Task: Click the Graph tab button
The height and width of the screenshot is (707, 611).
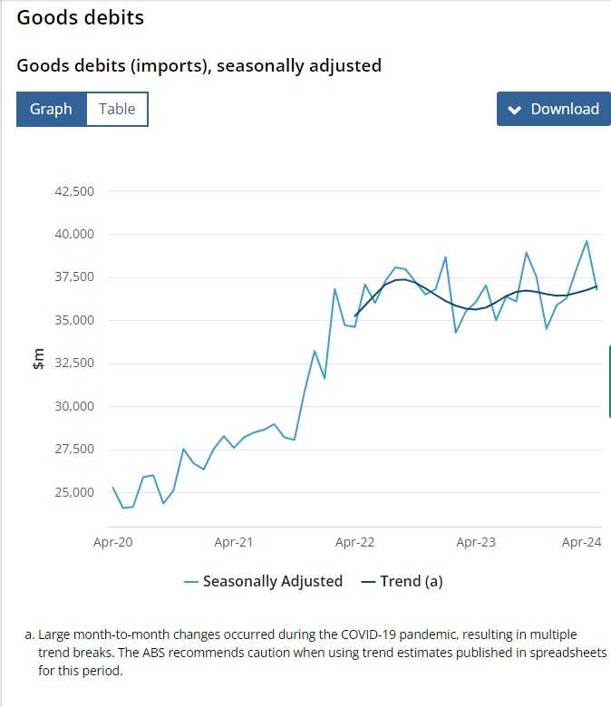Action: point(51,109)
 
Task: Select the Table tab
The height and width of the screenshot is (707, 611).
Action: point(117,109)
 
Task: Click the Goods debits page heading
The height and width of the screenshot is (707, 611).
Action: point(80,17)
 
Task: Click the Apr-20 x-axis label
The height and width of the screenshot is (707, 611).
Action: point(113,542)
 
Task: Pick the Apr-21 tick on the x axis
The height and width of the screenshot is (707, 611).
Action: point(234,542)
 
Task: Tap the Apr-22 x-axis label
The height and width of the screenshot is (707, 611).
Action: point(354,542)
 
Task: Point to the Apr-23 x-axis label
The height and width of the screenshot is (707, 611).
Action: point(476,542)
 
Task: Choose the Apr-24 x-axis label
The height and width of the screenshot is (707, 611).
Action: point(582,542)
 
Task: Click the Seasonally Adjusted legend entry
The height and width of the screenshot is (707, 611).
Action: point(272,581)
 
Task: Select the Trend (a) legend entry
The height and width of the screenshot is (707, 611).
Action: point(411,581)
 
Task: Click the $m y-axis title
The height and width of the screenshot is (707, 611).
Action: point(36,360)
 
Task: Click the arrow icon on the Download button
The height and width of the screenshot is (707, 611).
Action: point(515,110)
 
